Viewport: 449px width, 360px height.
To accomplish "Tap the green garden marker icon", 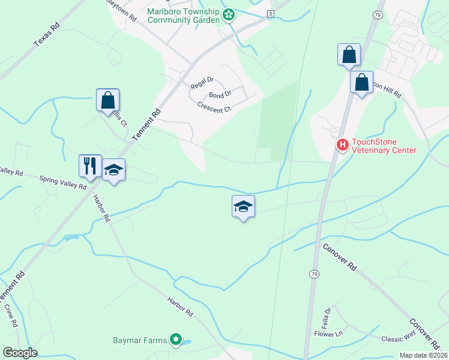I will click(229, 16).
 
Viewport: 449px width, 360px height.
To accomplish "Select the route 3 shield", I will click(271, 13).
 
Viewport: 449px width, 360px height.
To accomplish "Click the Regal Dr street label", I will click(202, 83).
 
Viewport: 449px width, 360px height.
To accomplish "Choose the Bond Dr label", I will click(220, 95).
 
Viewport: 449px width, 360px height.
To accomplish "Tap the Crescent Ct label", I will click(214, 108).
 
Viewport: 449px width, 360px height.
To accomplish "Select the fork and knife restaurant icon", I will click(90, 166).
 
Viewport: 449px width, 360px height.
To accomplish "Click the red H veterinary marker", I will click(342, 145).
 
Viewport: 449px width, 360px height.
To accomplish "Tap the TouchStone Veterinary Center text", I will click(384, 146).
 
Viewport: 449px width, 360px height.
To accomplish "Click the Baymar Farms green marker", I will click(176, 340).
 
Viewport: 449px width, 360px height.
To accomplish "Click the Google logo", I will click(20, 353).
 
